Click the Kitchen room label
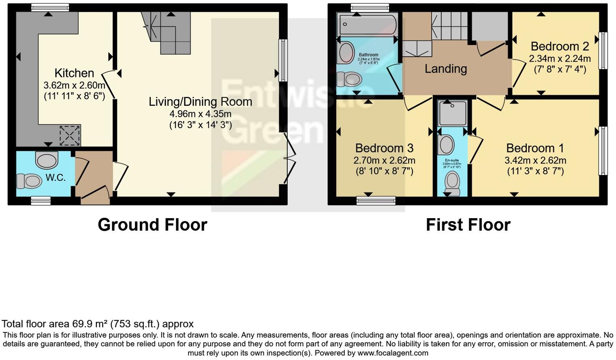[74, 73]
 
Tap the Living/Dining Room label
[200, 101]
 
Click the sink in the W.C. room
[47, 160]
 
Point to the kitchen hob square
[70, 136]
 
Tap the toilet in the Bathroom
[349, 78]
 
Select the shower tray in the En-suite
[453, 113]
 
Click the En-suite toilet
[452, 183]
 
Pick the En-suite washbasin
[447, 145]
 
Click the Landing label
[446, 69]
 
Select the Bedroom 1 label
[535, 148]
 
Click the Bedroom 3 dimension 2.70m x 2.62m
[384, 161]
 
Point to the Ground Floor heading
[152, 225]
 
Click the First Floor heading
[468, 225]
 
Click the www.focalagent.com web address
[393, 353]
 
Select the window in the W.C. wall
[41, 200]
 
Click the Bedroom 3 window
[376, 200]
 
